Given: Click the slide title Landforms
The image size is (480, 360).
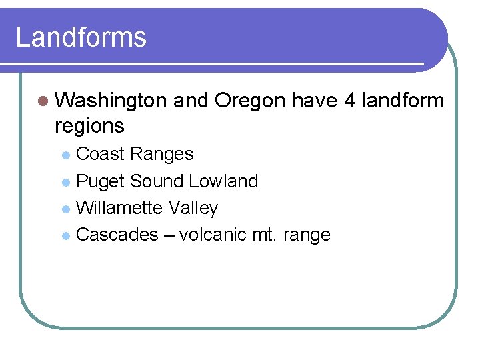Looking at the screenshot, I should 81,37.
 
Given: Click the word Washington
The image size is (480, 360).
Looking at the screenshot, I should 111,101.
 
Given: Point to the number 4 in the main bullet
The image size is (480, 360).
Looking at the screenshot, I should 350,101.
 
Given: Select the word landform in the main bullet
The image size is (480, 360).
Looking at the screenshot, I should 403,101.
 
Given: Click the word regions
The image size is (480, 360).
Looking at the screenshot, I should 89,125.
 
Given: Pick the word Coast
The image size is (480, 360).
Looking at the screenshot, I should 101,154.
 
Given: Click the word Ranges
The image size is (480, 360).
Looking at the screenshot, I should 162,154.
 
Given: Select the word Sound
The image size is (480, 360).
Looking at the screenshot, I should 157,181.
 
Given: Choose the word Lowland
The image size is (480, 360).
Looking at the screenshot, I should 223,181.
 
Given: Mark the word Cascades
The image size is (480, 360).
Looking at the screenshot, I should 117,235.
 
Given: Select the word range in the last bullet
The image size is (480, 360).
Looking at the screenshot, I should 308,235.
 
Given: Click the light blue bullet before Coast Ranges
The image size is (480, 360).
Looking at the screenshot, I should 65,155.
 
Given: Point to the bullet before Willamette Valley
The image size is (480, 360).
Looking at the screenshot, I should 65,209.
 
